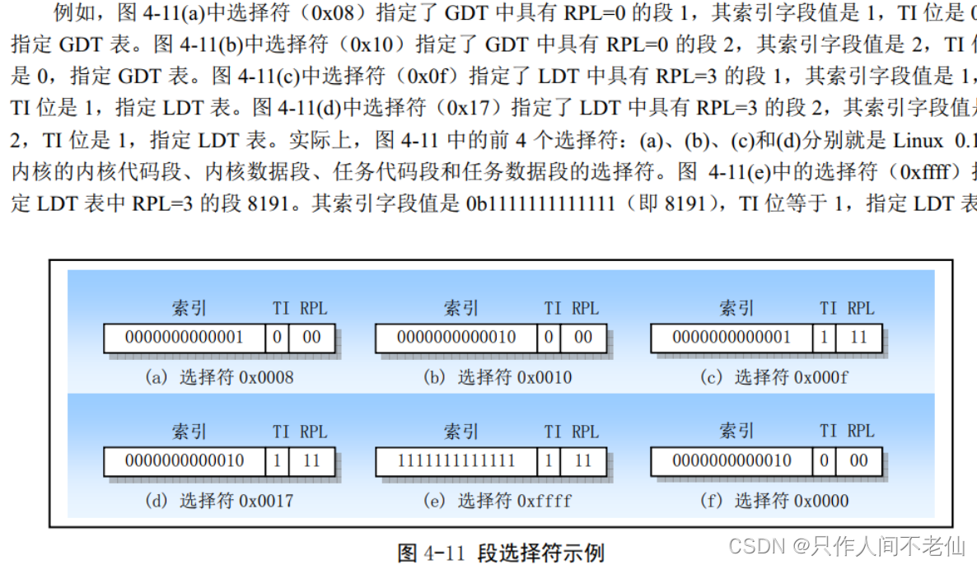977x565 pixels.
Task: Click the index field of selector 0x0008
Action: pyautogui.click(x=185, y=338)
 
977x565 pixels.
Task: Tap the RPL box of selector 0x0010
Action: pyautogui.click(x=583, y=338)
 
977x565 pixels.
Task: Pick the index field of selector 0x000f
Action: pyautogui.click(x=732, y=338)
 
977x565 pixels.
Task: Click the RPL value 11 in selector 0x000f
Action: pyautogui.click(x=858, y=338)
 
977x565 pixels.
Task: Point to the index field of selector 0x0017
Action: pyautogui.click(x=185, y=461)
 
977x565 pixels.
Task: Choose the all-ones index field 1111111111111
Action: pyautogui.click(x=456, y=461)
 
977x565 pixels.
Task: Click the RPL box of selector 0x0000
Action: pyautogui.click(x=858, y=461)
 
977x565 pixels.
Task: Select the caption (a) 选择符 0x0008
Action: pyautogui.click(x=219, y=378)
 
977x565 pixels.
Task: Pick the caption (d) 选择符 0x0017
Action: pyautogui.click(x=219, y=501)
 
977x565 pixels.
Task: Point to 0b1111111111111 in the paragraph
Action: pyautogui.click(x=540, y=203)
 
